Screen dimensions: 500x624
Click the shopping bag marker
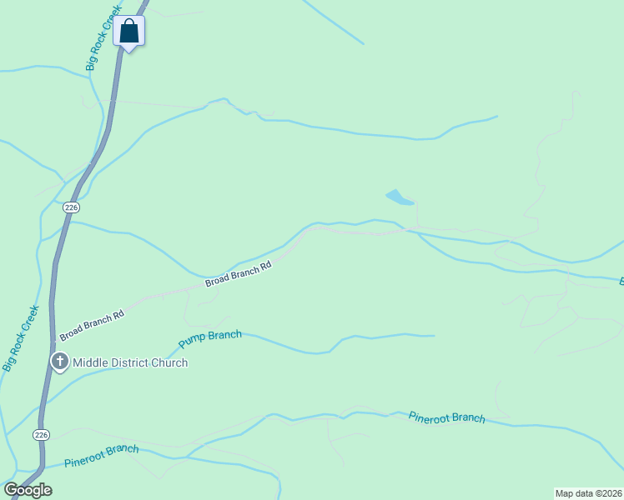(129, 32)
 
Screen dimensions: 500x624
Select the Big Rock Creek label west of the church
(21, 337)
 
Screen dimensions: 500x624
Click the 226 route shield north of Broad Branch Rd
(71, 207)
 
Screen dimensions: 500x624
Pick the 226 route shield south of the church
(42, 434)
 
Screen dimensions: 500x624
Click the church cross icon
(59, 362)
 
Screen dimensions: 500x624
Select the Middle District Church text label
(130, 362)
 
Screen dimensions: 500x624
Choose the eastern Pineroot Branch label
(446, 417)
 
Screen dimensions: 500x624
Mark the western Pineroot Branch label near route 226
(101, 455)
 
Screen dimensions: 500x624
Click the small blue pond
(399, 197)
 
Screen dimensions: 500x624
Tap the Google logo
(28, 490)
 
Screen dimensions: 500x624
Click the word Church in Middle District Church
(169, 362)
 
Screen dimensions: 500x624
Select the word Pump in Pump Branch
(192, 342)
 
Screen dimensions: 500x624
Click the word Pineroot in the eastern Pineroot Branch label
(430, 415)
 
